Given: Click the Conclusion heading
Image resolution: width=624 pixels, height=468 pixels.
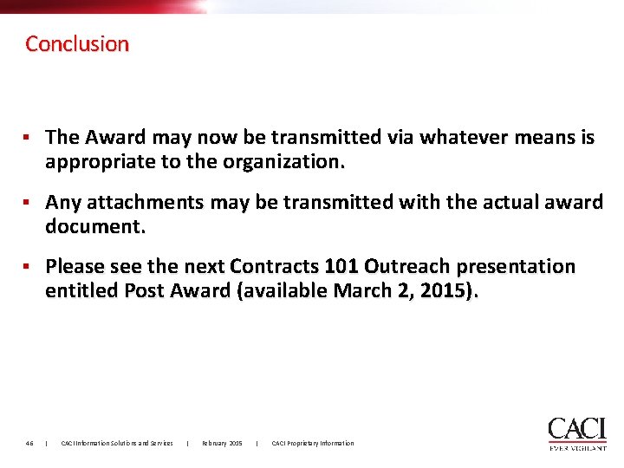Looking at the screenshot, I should coord(77,43).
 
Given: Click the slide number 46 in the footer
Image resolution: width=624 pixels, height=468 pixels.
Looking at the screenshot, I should coord(29,444).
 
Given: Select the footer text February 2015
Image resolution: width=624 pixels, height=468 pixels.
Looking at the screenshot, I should coord(223,444).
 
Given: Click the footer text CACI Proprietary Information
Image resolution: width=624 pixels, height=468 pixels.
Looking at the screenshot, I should coord(313,444).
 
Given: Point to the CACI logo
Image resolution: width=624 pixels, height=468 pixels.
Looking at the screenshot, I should coord(577,432).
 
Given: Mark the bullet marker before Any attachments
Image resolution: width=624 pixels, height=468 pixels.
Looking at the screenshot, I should coord(28,202).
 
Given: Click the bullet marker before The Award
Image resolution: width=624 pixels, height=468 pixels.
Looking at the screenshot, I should coord(28,137).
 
